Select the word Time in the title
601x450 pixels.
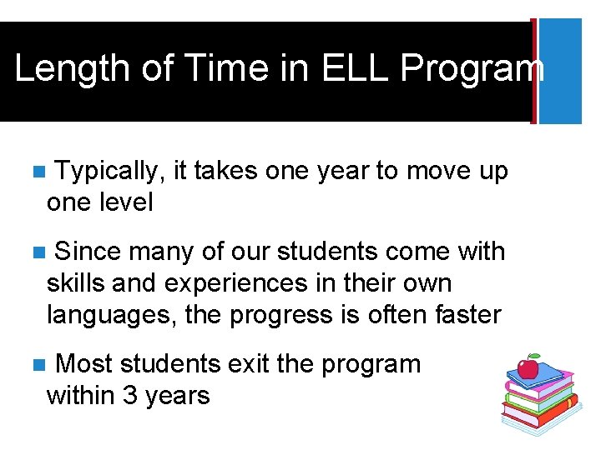click(220, 69)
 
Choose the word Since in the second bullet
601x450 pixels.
click(88, 251)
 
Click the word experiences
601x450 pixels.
click(236, 283)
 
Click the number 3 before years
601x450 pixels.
click(129, 395)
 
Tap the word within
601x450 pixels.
click(81, 395)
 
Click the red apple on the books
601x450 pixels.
click(528, 367)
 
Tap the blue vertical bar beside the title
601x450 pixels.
click(559, 71)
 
